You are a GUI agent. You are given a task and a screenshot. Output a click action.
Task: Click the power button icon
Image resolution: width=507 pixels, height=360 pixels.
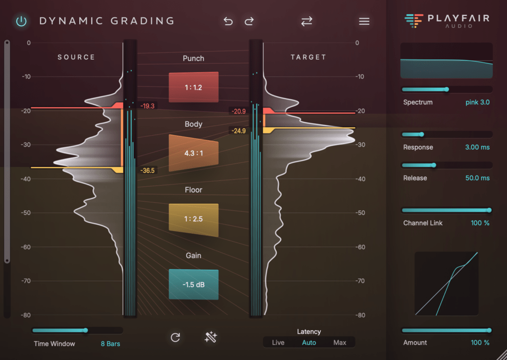(x=21, y=21)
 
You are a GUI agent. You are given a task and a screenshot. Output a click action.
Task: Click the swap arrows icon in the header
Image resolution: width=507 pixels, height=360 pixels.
(x=307, y=21)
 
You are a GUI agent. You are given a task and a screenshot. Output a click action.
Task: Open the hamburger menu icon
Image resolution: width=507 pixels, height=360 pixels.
(x=364, y=21)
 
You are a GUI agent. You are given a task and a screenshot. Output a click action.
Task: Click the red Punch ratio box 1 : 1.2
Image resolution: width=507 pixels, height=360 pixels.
(x=194, y=87)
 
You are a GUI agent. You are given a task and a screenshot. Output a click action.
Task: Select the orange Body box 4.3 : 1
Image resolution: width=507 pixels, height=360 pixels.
(x=194, y=153)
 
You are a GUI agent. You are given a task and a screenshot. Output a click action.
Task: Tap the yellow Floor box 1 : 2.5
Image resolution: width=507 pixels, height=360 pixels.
(x=194, y=219)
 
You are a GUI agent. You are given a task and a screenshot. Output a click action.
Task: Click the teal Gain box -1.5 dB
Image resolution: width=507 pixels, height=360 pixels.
(x=194, y=284)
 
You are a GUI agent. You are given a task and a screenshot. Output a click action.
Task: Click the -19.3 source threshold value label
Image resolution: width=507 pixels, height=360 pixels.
(x=147, y=106)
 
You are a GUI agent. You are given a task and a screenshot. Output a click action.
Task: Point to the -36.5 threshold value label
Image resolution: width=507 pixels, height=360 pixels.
(x=147, y=170)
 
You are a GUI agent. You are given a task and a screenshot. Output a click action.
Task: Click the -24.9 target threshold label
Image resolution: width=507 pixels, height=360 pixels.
(x=238, y=131)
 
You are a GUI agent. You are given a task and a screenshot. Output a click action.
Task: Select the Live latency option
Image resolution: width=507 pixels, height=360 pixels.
(x=278, y=343)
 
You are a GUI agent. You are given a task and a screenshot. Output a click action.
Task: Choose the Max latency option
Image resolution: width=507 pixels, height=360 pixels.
(x=340, y=343)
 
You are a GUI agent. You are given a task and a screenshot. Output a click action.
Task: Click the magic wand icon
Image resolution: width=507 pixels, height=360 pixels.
(x=211, y=338)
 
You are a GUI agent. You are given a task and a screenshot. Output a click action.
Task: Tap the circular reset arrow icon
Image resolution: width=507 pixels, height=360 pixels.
(x=175, y=338)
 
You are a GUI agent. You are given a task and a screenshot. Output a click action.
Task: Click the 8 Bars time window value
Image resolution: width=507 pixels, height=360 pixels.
(x=110, y=344)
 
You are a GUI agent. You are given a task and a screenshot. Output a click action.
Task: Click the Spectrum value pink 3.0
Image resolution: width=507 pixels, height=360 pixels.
(x=477, y=103)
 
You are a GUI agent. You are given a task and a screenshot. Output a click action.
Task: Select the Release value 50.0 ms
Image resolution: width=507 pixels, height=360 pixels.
(x=477, y=178)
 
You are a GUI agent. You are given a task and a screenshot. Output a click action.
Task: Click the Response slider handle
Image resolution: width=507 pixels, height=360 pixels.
(x=421, y=134)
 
